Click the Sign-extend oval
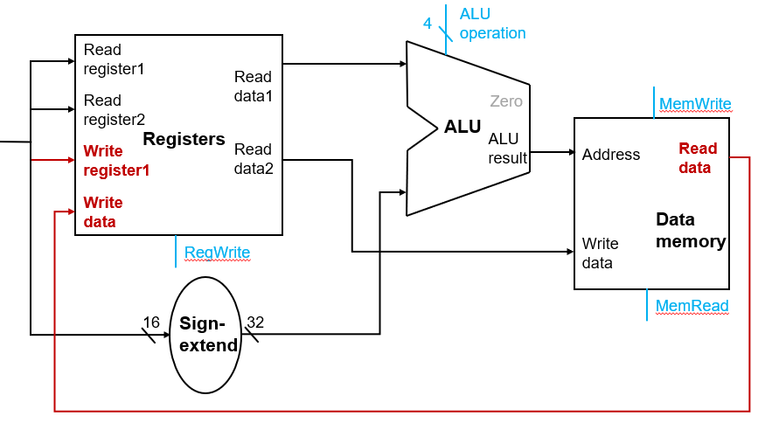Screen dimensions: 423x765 click(x=209, y=334)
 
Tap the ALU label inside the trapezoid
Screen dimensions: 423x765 click(x=462, y=127)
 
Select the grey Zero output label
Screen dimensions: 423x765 click(x=506, y=101)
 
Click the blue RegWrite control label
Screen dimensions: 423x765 click(x=217, y=253)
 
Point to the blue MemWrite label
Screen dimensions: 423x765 click(x=695, y=104)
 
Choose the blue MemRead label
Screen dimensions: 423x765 click(x=692, y=305)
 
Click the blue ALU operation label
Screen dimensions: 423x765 click(x=492, y=24)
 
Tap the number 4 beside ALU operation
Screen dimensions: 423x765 click(x=428, y=23)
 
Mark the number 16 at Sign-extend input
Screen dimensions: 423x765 click(x=151, y=322)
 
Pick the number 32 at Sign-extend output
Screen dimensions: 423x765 click(x=255, y=322)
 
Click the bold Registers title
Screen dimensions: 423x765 click(x=184, y=139)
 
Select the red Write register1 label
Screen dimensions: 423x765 click(x=116, y=161)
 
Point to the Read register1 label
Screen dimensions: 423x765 click(x=114, y=59)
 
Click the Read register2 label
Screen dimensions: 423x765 click(x=114, y=109)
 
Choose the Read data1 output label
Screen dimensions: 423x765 click(x=254, y=86)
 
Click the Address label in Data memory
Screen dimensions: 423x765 click(x=611, y=155)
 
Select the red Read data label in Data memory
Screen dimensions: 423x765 click(x=698, y=158)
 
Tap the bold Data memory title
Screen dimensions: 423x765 click(x=691, y=230)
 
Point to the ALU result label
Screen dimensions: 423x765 click(x=507, y=148)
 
